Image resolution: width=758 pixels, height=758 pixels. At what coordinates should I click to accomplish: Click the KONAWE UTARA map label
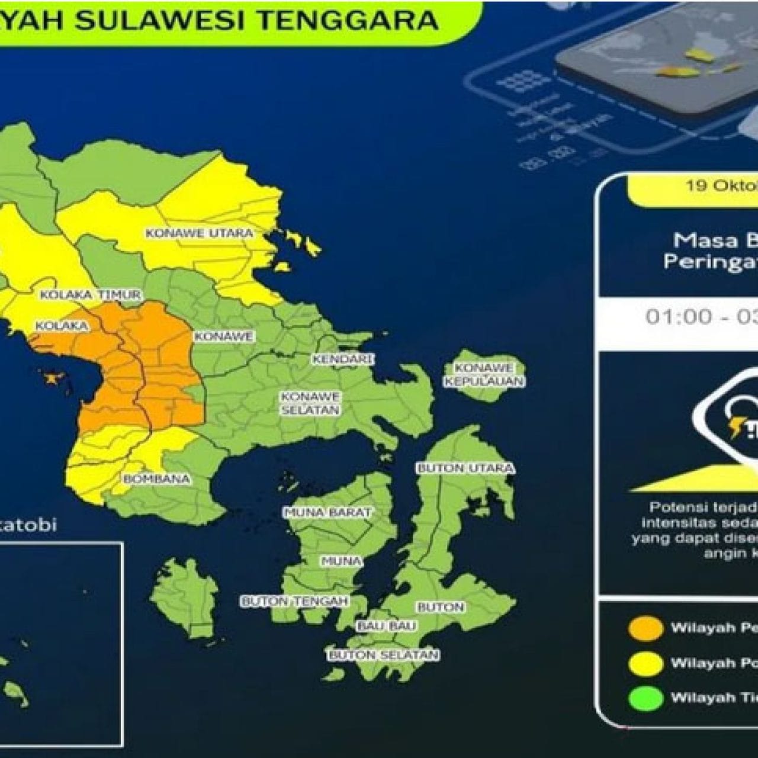pos(199,233)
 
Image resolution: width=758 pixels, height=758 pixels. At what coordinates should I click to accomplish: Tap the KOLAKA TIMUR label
pos(90,295)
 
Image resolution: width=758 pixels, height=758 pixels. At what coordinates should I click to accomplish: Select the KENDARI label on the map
pos(343,359)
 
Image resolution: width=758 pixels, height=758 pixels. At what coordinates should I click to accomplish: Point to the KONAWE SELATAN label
pos(310,403)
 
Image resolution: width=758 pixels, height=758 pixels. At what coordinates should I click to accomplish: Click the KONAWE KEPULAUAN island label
pos(484,375)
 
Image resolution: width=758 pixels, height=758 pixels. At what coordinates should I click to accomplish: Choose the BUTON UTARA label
pos(465,468)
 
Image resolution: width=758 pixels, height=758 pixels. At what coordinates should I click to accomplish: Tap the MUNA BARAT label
pos(327,512)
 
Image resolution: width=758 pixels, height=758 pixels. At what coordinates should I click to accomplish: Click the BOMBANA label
pos(157,478)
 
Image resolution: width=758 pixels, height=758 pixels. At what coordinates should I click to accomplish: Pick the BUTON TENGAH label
pos(294,601)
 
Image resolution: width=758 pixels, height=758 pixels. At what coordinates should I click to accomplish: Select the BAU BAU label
pos(387,626)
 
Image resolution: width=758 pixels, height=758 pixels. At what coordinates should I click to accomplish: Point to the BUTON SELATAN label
pos(384,655)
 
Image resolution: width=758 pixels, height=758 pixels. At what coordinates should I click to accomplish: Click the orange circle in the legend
pos(646,628)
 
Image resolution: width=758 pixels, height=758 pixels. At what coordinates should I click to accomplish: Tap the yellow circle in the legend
pos(646,663)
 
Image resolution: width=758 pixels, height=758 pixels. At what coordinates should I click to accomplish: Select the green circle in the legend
pos(646,698)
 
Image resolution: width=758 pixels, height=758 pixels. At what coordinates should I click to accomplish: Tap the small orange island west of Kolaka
pos(54,377)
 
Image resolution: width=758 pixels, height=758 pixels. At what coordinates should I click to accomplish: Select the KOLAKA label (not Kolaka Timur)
pos(62,326)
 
